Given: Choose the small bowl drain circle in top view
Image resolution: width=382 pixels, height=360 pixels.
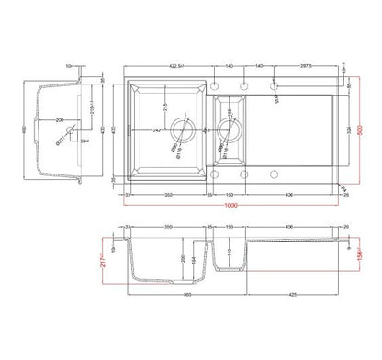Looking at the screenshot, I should click(227, 130).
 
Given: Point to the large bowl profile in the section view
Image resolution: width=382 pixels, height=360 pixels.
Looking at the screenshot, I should click(165, 266).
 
